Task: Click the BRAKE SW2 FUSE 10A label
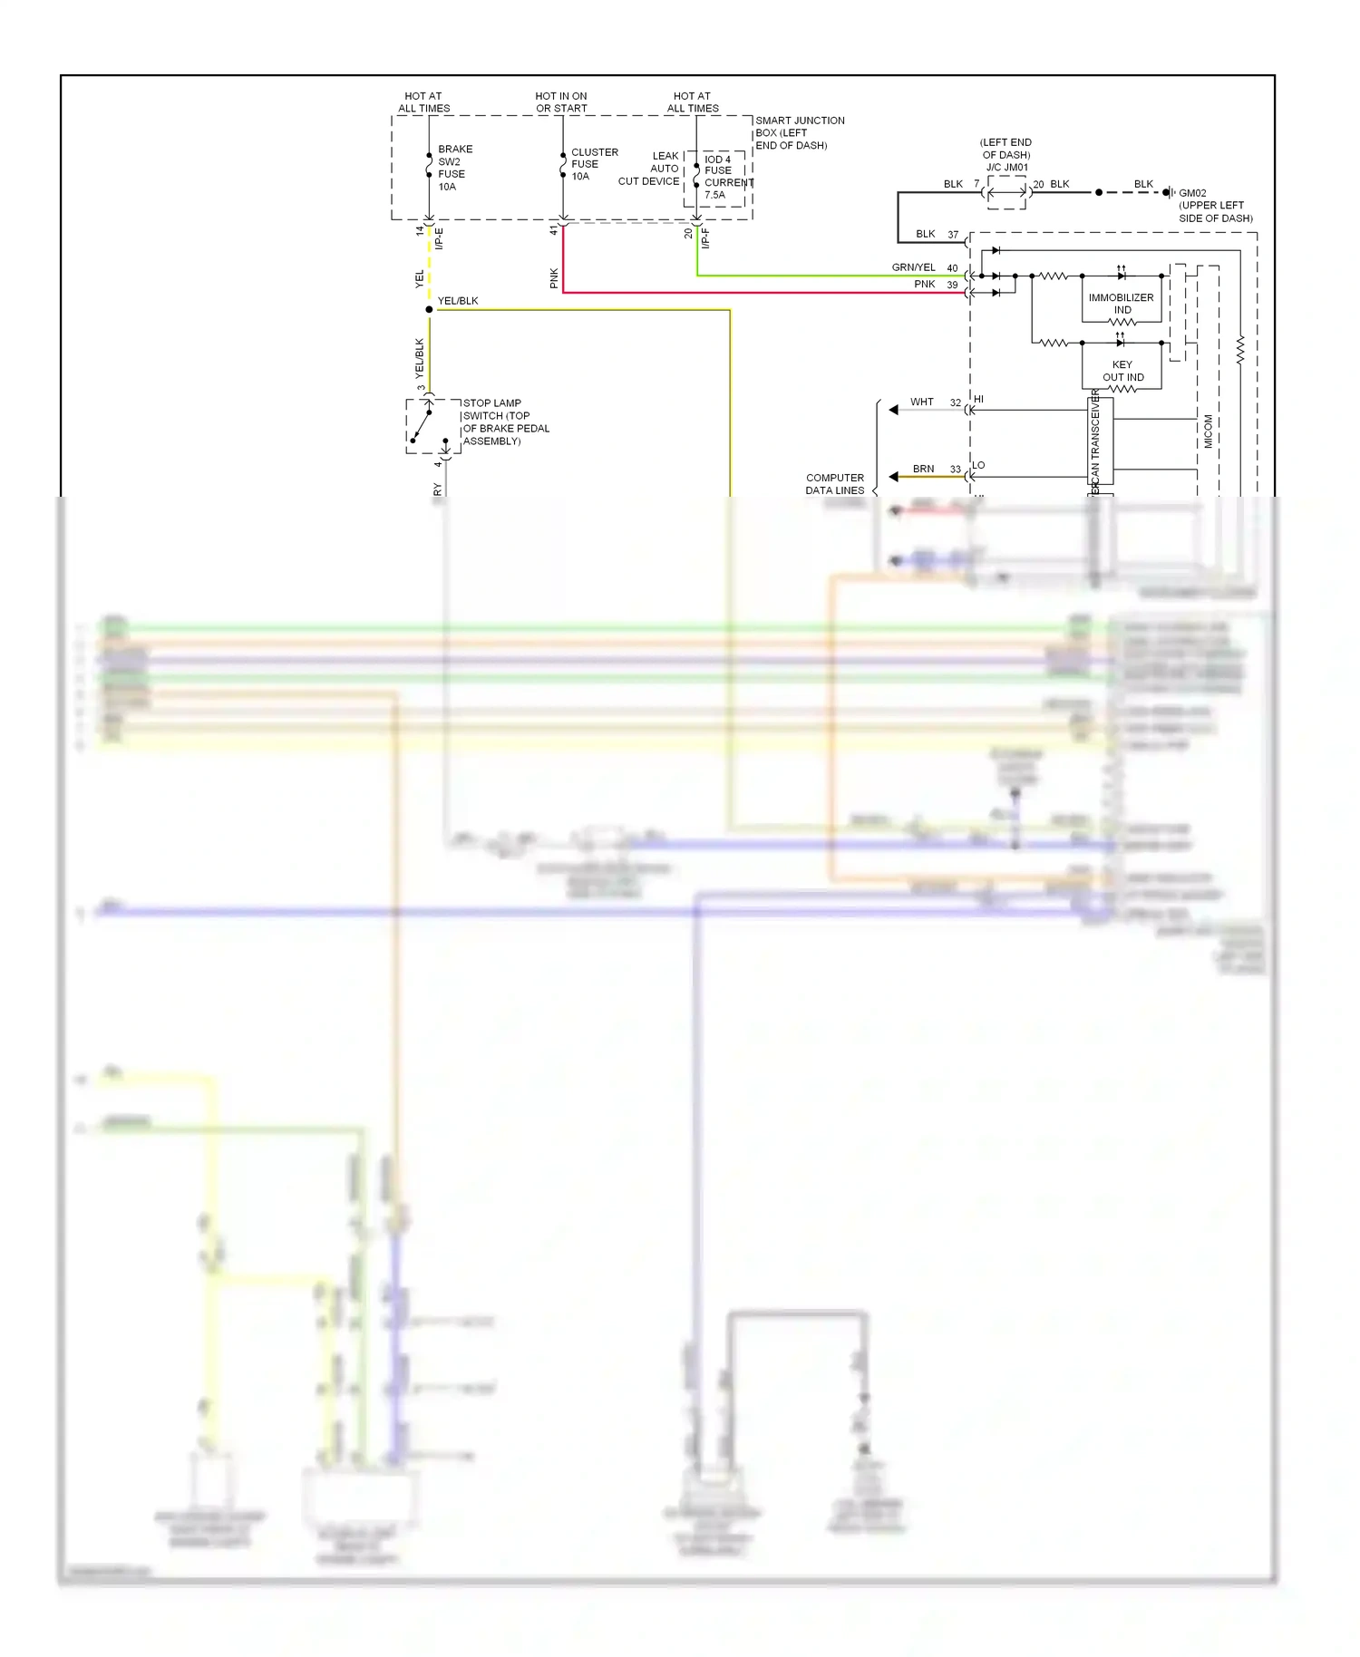click(453, 168)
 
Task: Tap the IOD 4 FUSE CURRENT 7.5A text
click(727, 177)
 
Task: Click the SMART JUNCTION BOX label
click(798, 132)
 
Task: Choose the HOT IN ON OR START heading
click(561, 102)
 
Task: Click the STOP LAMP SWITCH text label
click(505, 422)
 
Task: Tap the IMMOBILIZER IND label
click(1122, 304)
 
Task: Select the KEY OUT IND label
click(1122, 371)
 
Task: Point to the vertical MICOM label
click(1208, 431)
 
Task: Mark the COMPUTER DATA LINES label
click(835, 484)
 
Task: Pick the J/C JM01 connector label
click(1006, 167)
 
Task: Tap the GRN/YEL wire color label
click(913, 267)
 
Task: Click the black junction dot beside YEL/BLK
click(429, 310)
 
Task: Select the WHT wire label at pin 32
click(921, 402)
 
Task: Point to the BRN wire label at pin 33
click(923, 469)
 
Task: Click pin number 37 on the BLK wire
click(953, 235)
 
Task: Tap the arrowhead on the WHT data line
click(894, 410)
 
